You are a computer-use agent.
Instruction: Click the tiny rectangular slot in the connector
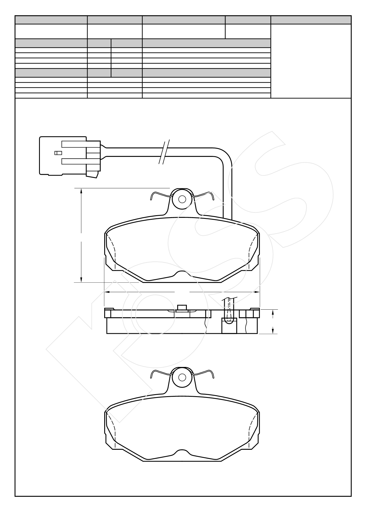[58, 153]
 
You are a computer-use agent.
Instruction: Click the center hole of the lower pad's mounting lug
[182, 377]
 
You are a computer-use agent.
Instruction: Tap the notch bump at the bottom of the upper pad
[182, 273]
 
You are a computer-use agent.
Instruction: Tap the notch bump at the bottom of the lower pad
[182, 451]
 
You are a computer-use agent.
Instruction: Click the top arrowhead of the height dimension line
[81, 191]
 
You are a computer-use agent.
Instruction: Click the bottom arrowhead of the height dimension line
[81, 280]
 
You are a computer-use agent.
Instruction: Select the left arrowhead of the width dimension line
[107, 292]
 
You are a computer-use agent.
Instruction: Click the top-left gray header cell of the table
[51, 20]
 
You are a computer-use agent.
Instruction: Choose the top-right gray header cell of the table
[311, 20]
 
